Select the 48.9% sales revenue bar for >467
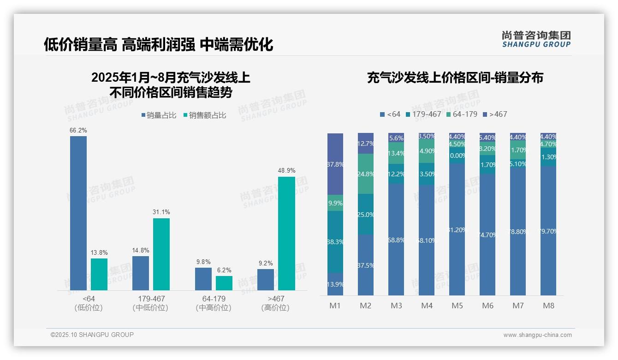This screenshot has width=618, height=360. (x=286, y=234)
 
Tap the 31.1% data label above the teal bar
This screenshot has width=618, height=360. (x=161, y=212)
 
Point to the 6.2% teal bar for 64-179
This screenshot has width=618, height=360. (x=224, y=283)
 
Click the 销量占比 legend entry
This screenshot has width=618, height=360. (x=159, y=115)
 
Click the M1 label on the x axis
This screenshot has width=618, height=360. (x=335, y=306)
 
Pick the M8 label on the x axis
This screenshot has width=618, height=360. (x=548, y=306)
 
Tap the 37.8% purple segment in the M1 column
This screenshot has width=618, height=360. (x=335, y=164)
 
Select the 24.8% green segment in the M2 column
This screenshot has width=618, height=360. (x=366, y=174)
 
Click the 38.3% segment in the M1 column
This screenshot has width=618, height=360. (x=335, y=241)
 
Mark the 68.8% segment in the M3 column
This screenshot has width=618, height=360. (x=396, y=240)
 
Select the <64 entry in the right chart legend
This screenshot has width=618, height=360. (x=390, y=114)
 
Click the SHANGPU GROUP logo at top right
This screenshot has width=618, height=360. (x=536, y=39)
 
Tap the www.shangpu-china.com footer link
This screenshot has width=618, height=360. (x=537, y=335)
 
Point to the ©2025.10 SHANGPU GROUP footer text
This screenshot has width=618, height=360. (x=92, y=335)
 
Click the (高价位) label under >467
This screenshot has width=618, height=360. (x=275, y=308)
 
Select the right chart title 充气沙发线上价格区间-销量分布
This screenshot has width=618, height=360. (x=455, y=78)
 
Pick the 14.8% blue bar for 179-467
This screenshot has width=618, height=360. (x=141, y=273)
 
